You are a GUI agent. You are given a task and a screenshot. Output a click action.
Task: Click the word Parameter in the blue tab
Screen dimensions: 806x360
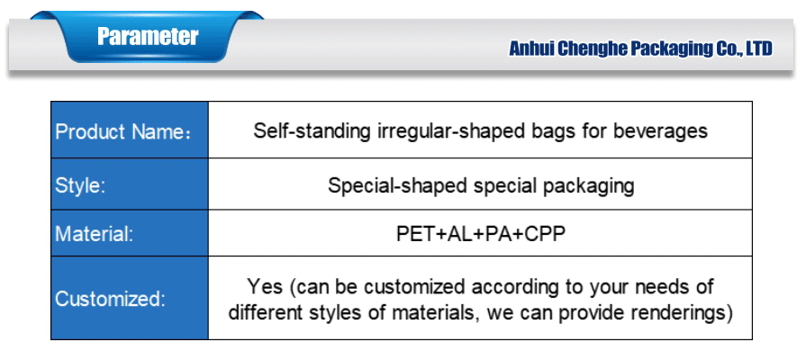click(148, 37)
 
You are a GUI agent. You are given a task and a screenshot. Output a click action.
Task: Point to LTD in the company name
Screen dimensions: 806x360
click(758, 49)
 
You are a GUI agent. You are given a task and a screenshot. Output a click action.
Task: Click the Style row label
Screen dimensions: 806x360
click(80, 184)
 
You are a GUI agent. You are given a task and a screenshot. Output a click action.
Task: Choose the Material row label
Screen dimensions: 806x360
click(94, 234)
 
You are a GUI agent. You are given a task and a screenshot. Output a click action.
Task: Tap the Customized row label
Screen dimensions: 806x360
click(110, 299)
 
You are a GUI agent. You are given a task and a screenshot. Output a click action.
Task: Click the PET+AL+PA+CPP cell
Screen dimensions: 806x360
click(481, 234)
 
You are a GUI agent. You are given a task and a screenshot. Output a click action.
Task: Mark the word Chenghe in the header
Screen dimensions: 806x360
click(592, 49)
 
